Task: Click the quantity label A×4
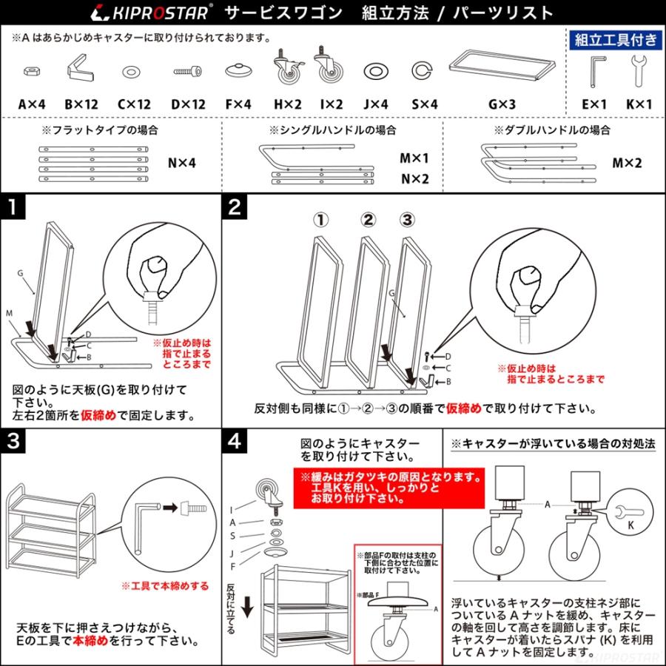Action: (x=33, y=104)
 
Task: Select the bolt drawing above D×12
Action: (x=187, y=72)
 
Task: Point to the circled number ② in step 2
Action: (x=369, y=219)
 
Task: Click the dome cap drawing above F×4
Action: (x=237, y=71)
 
